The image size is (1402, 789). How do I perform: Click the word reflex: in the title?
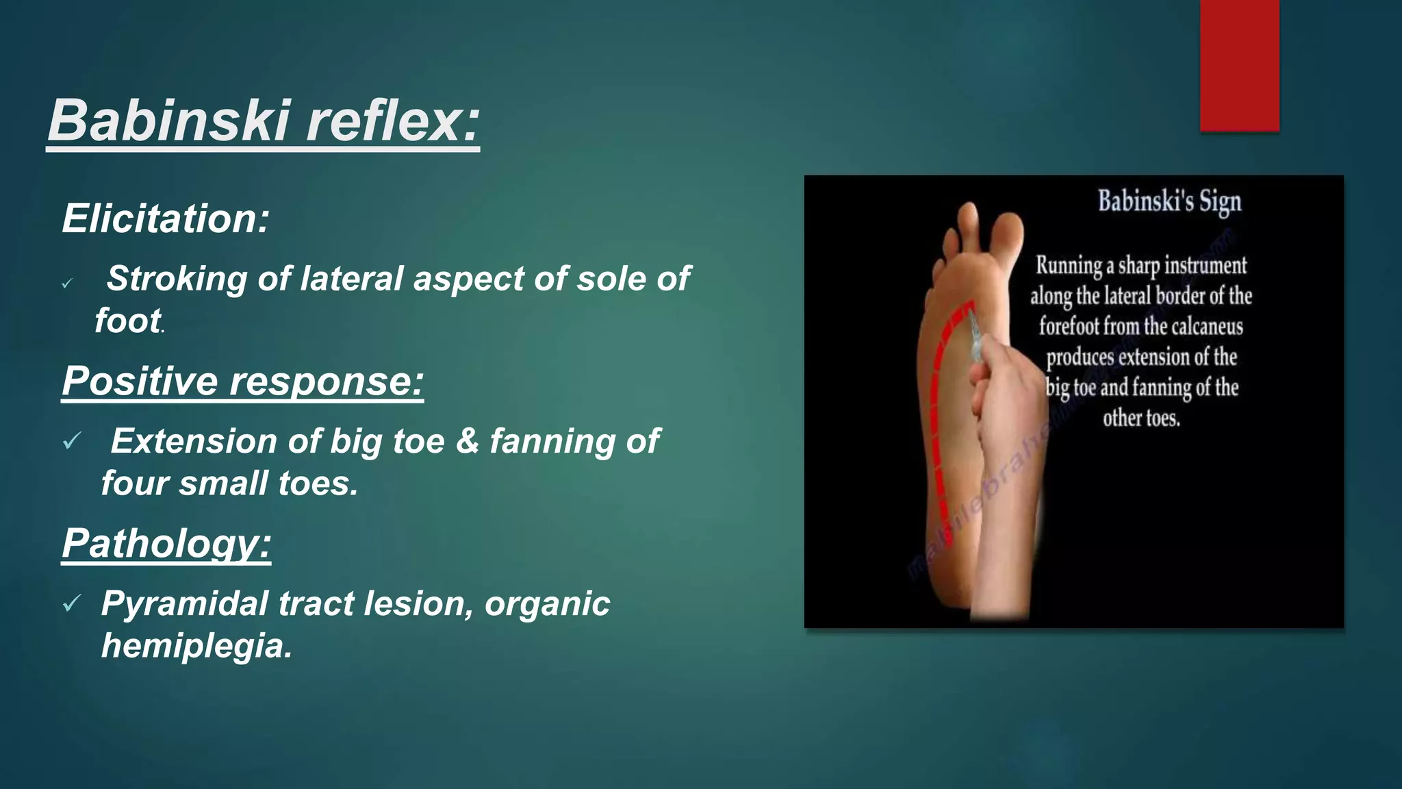[393, 121]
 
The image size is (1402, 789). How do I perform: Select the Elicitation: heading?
[166, 218]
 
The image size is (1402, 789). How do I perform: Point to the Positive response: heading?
[242, 381]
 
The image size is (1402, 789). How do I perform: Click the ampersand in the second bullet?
[467, 441]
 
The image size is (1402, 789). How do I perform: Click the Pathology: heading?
[166, 543]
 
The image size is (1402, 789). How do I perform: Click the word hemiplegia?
[196, 645]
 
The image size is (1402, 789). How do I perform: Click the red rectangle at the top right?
[1239, 65]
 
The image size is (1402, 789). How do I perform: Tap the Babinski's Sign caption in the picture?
[1169, 202]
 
